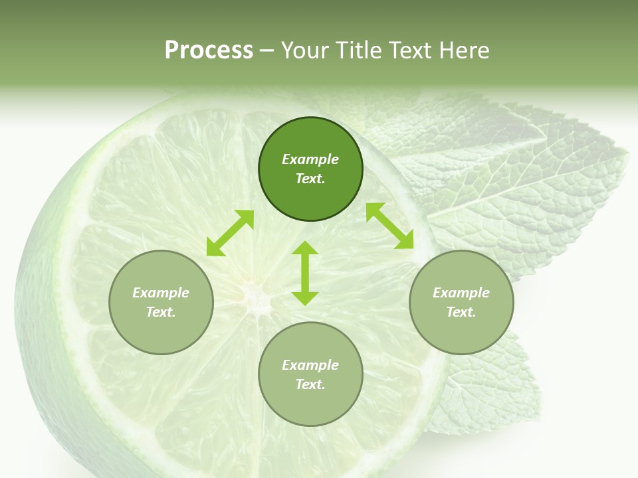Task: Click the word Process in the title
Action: click(x=209, y=50)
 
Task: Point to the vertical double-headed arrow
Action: click(x=305, y=273)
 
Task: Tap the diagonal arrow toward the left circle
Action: click(x=230, y=233)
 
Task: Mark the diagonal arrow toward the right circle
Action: click(x=389, y=226)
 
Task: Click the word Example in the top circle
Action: click(x=310, y=159)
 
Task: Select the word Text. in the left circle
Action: click(x=161, y=312)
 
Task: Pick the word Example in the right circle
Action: click(x=461, y=293)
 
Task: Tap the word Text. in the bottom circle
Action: click(x=310, y=384)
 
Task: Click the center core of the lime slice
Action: click(x=253, y=292)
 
